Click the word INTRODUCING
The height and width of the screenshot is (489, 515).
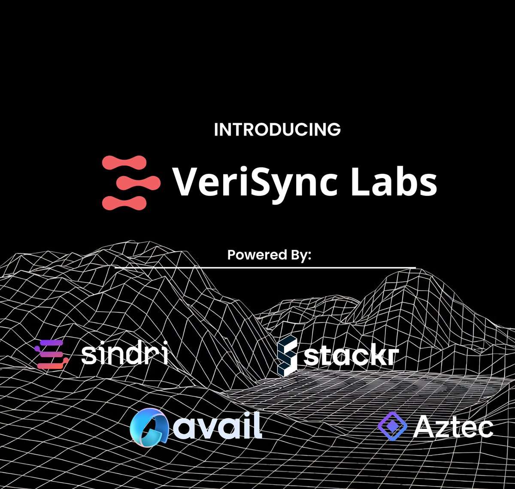[277, 130]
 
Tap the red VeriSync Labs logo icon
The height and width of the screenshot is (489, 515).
[131, 182]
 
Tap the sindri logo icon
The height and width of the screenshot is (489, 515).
[51, 354]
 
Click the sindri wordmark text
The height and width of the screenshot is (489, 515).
[124, 355]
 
